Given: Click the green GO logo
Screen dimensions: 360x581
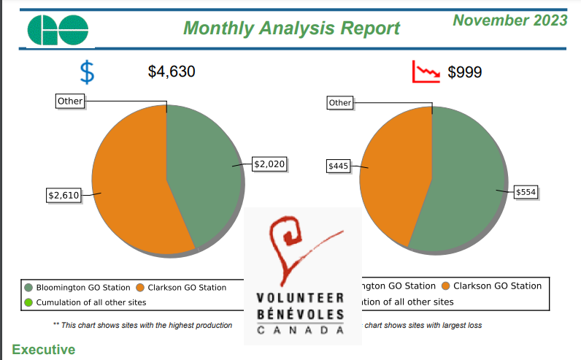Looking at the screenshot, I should point(58,28).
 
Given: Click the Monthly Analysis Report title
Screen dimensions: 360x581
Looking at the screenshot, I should point(291,28).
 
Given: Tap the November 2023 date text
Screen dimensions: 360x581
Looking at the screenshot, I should point(509,20).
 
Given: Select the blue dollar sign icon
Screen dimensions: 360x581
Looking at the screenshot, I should point(87,72).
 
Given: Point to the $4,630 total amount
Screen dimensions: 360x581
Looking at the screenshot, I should point(172,72).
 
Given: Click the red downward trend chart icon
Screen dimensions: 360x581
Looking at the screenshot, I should point(426,72).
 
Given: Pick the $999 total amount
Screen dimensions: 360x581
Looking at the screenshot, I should point(464,72).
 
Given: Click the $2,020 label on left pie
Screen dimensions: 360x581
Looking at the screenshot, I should point(268,164).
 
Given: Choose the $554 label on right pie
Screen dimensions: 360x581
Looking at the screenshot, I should point(526,192).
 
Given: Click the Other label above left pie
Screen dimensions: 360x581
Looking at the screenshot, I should point(70,102).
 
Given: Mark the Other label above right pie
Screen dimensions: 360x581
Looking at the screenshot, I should point(339,103).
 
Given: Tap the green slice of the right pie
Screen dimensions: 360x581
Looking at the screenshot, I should point(467,183).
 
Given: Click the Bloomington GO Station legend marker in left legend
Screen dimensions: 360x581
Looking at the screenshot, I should point(28,288).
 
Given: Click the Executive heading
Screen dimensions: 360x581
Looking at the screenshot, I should point(43,350).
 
